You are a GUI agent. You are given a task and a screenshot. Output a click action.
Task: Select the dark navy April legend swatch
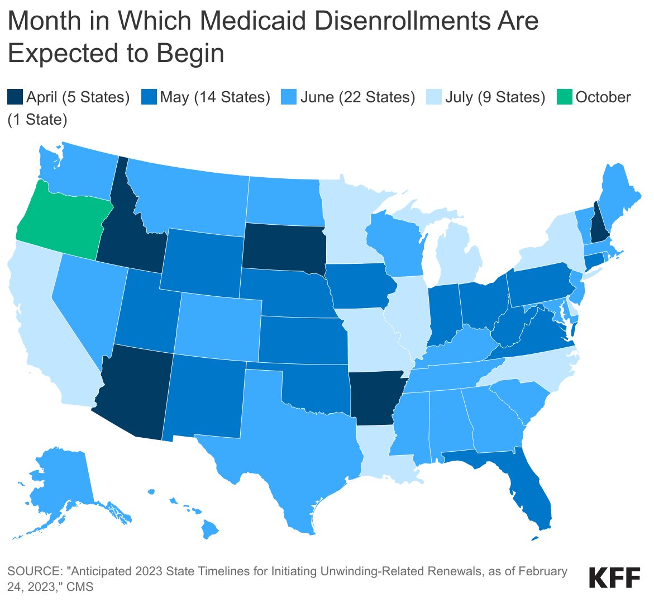[15, 97]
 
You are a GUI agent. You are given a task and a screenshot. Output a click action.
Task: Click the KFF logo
[615, 577]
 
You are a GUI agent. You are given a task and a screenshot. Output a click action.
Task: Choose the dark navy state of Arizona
[134, 391]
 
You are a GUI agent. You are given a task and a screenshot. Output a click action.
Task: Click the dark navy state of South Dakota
[282, 246]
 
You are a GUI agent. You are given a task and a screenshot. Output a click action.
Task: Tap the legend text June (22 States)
[357, 97]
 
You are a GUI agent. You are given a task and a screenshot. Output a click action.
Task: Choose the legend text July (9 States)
[495, 97]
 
